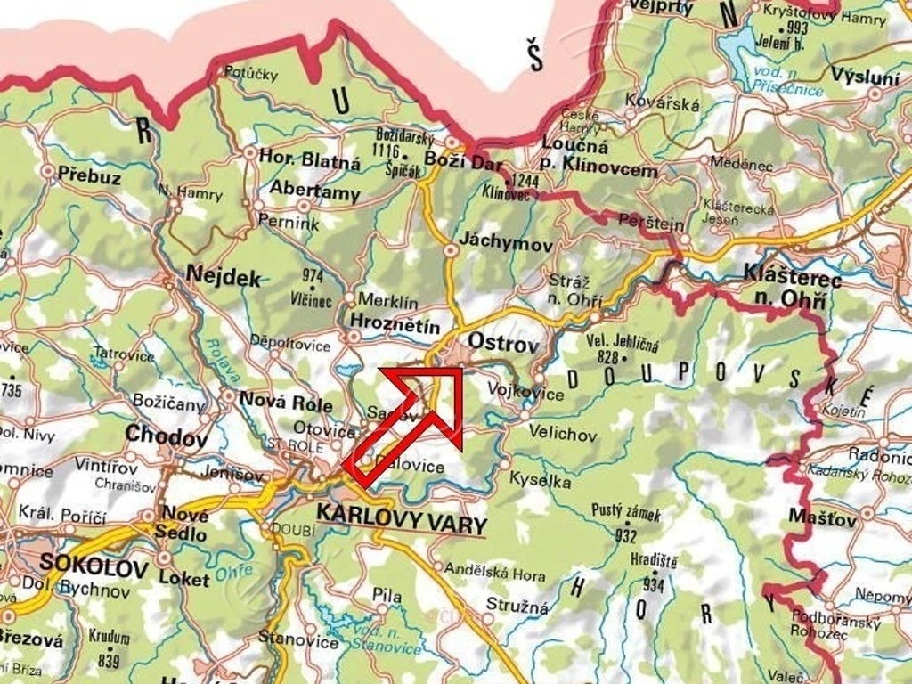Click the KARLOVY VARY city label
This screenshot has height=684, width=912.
coord(400,515)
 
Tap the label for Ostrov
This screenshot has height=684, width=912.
coord(503,343)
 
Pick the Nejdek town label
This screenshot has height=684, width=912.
coord(224,276)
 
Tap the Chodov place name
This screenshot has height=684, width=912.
coord(167,436)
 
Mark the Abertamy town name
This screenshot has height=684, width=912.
coord(314,191)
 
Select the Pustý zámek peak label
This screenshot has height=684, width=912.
coord(626,514)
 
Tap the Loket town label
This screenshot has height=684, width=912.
coord(184,579)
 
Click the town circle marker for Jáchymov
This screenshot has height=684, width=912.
coord(452,252)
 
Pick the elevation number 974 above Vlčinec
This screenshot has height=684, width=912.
coord(313,275)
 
